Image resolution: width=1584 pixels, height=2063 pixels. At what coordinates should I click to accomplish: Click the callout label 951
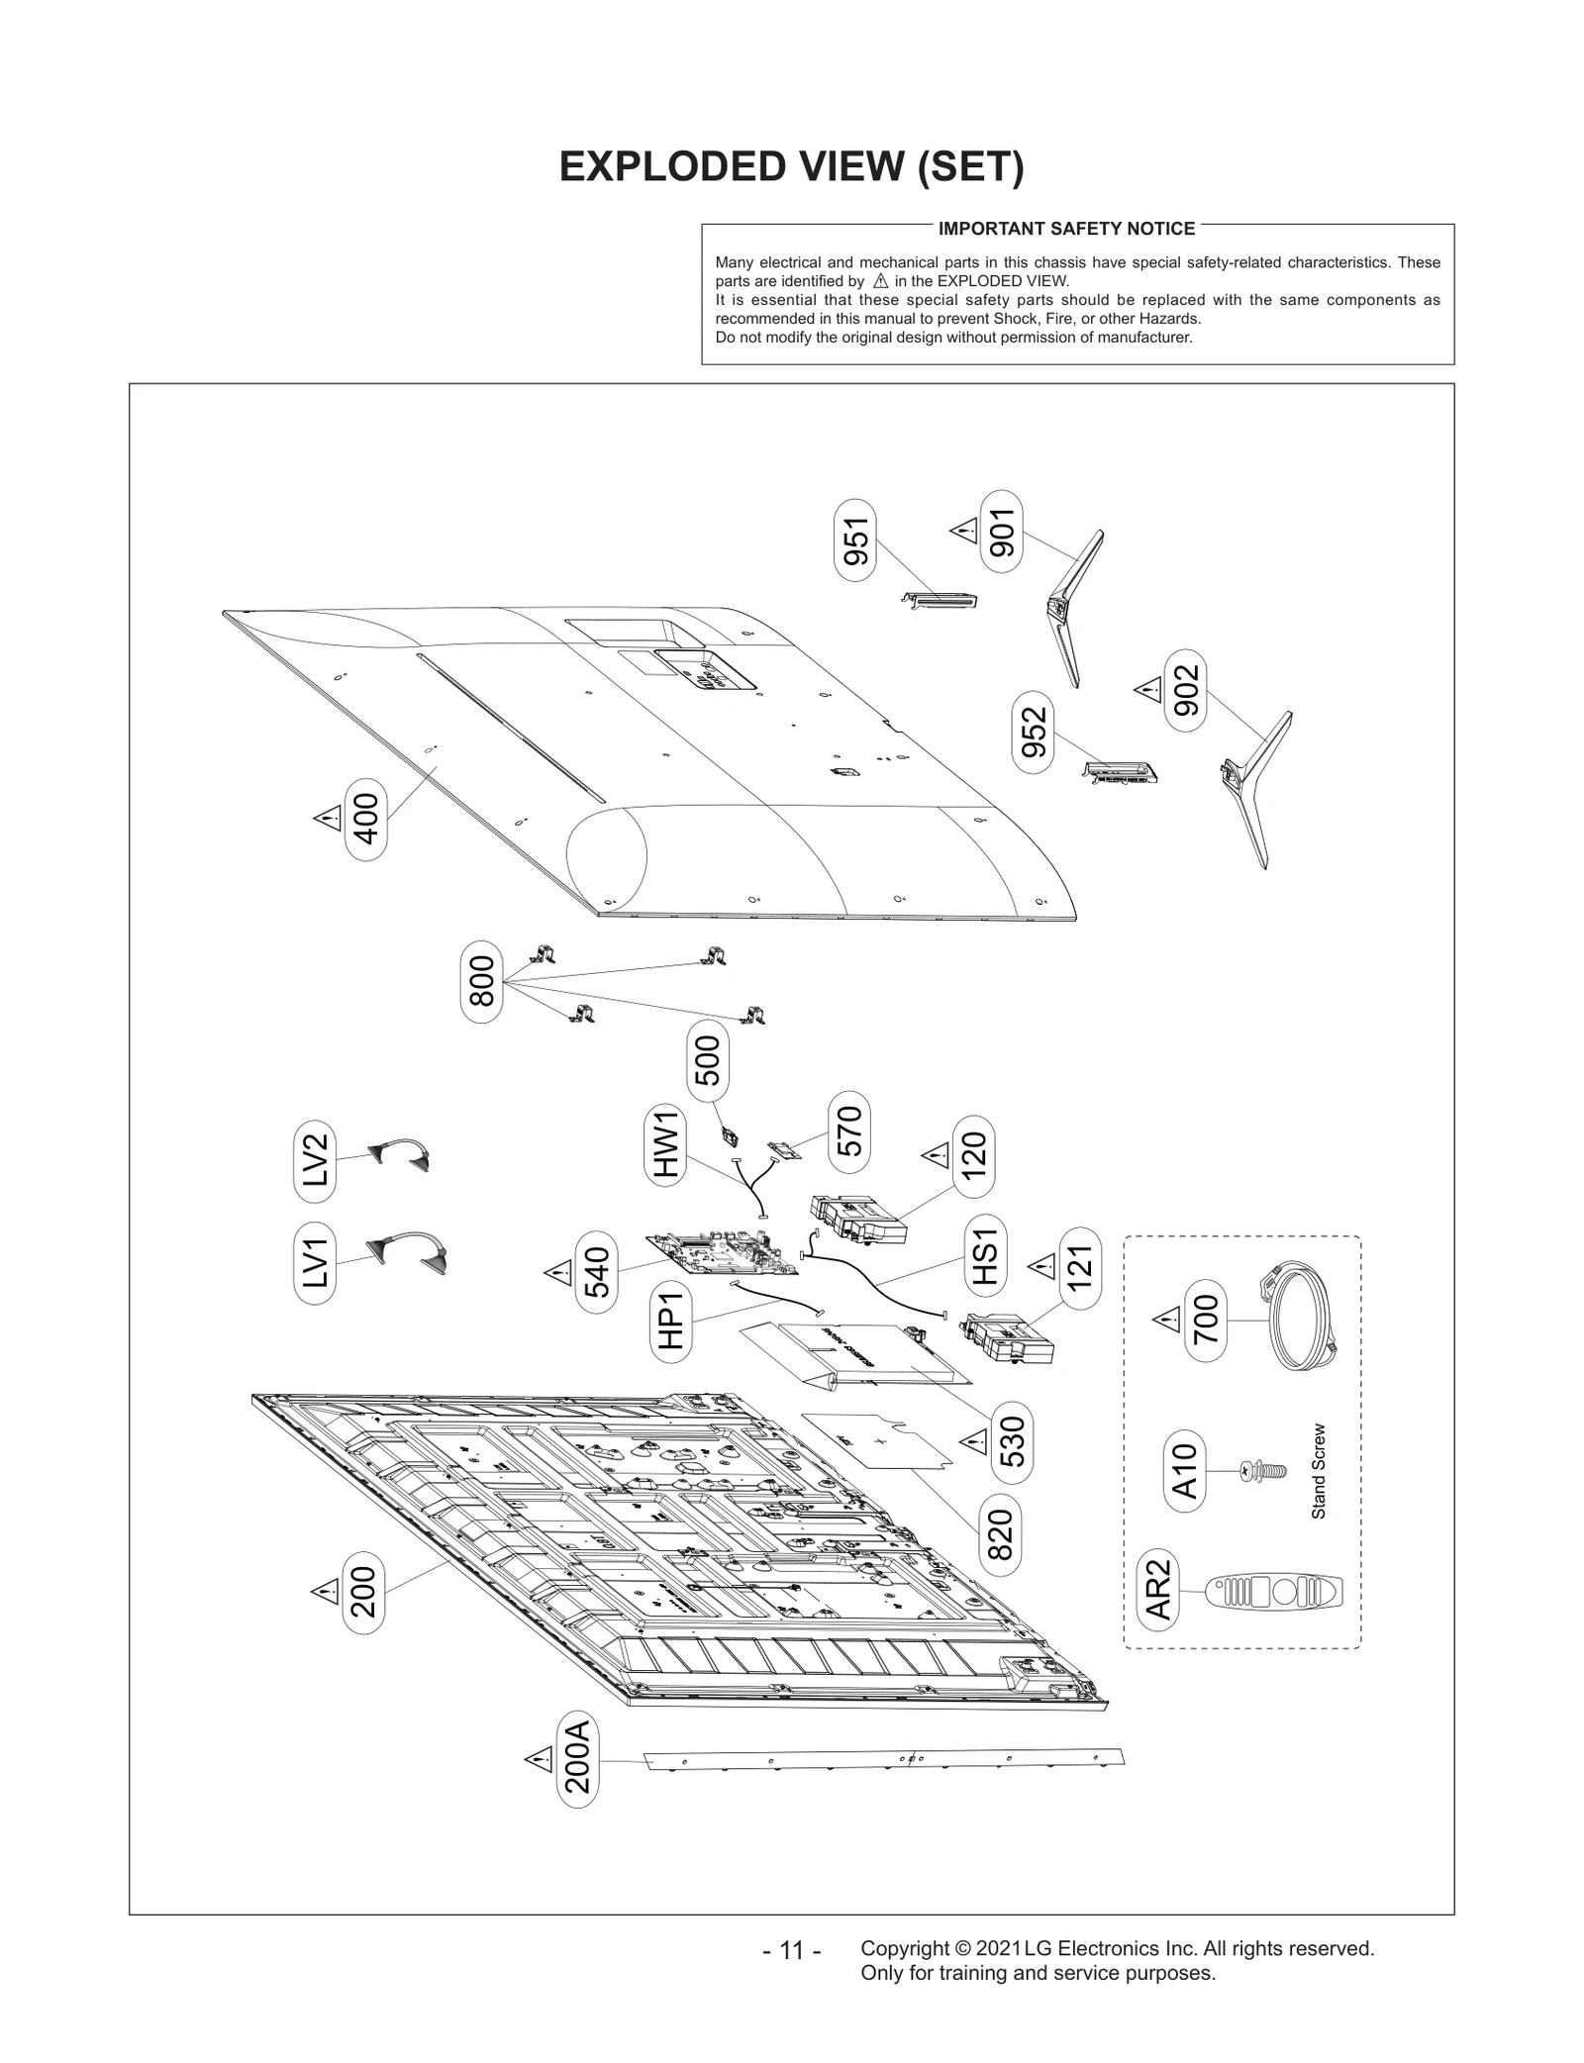click(855, 540)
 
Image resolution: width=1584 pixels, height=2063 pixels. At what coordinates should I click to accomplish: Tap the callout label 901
click(1002, 532)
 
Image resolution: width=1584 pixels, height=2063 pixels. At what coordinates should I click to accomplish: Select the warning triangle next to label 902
click(1147, 690)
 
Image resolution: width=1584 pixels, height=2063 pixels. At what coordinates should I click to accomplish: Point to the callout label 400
click(365, 819)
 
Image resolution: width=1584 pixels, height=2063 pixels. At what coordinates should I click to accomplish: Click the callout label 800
click(481, 981)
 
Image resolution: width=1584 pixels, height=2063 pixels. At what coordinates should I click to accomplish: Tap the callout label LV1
click(315, 1262)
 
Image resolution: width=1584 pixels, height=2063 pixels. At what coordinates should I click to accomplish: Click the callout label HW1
click(665, 1143)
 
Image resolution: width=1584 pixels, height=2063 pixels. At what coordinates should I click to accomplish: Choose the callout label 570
click(849, 1132)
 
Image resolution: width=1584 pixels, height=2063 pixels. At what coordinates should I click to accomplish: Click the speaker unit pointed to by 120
click(857, 1218)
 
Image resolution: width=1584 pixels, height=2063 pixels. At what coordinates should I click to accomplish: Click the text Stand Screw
click(1318, 1471)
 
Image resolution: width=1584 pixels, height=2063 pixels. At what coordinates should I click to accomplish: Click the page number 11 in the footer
click(792, 1951)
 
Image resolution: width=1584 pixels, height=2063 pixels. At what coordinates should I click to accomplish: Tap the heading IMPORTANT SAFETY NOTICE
click(1066, 229)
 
